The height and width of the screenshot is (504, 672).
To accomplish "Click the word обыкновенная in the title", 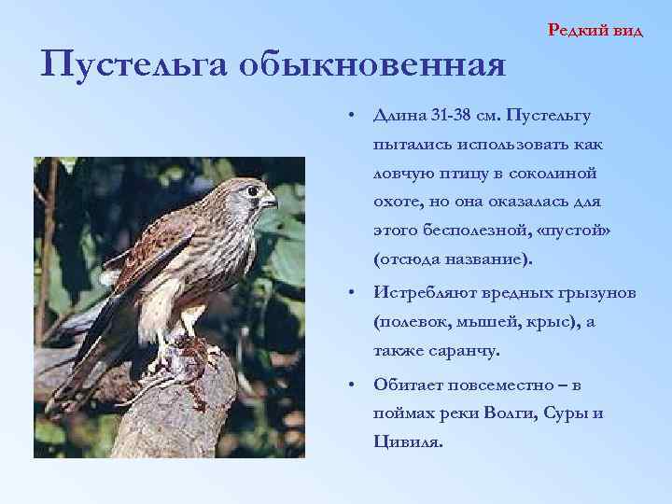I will click(372, 65).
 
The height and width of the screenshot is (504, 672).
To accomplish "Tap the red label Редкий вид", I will click(595, 30).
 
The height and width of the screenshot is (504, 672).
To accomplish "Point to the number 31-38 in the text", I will click(451, 115).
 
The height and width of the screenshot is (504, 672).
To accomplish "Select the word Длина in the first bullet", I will click(399, 115).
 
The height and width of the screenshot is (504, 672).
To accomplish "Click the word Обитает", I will click(409, 385).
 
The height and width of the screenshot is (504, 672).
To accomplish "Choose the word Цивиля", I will click(407, 442).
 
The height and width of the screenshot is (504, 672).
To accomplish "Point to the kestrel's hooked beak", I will click(271, 201).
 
